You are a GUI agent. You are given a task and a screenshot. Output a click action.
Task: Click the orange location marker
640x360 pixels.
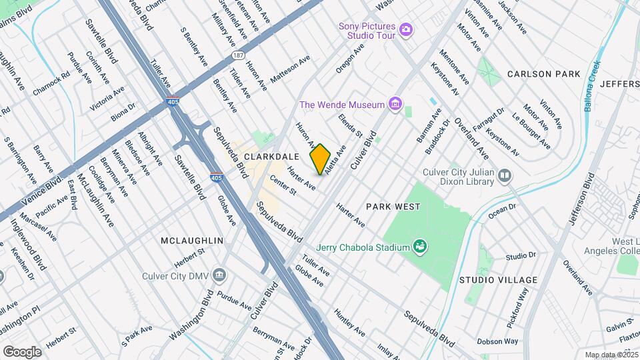click(x=321, y=159)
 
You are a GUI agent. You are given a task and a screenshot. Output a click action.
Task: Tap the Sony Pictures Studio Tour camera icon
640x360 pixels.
click(x=406, y=31)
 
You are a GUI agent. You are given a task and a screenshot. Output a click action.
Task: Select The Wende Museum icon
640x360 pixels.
click(x=396, y=104)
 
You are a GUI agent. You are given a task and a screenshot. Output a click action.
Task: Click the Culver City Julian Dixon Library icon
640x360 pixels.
click(x=505, y=176)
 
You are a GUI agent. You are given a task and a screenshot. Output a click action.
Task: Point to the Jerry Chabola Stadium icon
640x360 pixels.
click(x=419, y=247)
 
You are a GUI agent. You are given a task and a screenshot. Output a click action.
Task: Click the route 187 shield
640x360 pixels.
click(x=237, y=55)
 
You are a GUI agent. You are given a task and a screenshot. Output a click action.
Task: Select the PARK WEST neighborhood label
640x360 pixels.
click(x=393, y=207)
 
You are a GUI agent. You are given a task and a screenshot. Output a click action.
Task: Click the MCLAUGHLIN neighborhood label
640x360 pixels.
click(x=191, y=239)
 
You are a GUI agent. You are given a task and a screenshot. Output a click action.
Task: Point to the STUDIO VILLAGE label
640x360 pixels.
click(x=493, y=279)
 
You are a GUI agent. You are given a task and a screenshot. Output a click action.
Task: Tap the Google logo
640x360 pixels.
click(x=22, y=351)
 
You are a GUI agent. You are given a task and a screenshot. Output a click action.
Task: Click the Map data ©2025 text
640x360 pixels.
click(x=611, y=355)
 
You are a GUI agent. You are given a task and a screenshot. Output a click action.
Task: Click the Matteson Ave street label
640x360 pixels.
click(x=290, y=69)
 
